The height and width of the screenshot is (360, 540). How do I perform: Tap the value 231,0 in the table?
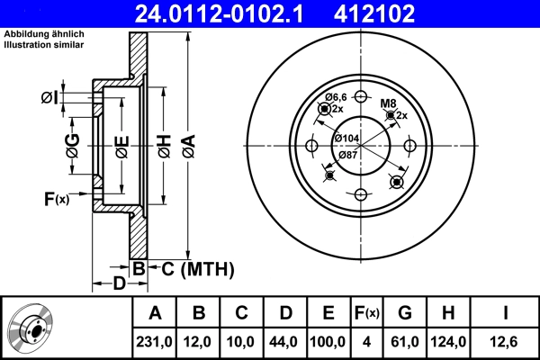[155, 342]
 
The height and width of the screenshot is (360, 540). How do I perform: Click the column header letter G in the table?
[406, 313]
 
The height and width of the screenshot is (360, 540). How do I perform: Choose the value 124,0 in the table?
[447, 342]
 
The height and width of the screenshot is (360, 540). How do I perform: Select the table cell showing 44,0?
[284, 342]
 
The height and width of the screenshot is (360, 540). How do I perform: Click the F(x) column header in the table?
[369, 313]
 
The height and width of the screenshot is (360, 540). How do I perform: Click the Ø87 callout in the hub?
[348, 154]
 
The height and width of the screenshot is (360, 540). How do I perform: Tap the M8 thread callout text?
[387, 103]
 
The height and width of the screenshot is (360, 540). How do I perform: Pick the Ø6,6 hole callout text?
[336, 96]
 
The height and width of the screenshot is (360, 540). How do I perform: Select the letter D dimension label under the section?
[119, 284]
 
